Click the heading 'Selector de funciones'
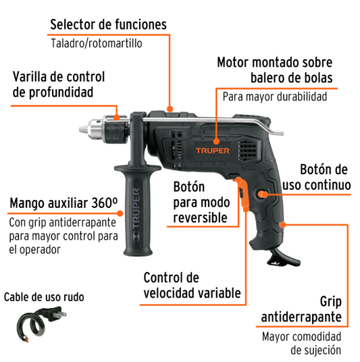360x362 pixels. click(108, 24)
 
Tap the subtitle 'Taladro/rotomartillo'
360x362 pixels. click(97, 43)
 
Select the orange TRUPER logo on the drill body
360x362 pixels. click(213, 151)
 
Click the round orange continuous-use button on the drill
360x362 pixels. click(261, 195)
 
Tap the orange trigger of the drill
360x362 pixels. click(243, 192)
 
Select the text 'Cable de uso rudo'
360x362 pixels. click(44, 297)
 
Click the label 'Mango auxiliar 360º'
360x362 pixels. click(63, 203)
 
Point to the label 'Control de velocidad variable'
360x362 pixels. click(192, 286)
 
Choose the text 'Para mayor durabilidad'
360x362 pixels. click(275, 97)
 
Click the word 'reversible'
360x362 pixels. click(200, 217)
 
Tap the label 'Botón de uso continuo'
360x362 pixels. click(317, 178)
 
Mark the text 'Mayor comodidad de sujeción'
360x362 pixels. click(302, 343)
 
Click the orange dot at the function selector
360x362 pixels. click(170, 109)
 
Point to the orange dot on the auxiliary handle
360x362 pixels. click(120, 213)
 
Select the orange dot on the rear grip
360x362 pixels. click(282, 224)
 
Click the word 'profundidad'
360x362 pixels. click(53, 93)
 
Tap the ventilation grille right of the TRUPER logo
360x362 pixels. click(248, 151)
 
